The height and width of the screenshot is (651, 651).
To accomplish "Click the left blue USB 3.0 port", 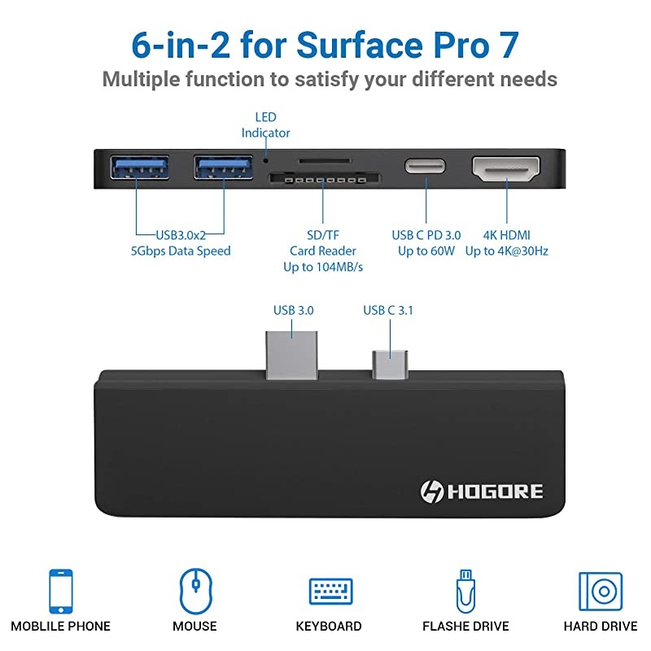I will [x=139, y=168].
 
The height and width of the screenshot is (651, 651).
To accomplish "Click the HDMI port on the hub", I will [x=506, y=168].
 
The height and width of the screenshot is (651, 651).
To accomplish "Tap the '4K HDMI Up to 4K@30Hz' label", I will [x=506, y=242].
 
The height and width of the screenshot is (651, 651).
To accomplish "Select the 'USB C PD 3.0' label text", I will [x=426, y=234].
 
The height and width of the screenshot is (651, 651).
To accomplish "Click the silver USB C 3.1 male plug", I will [x=390, y=363].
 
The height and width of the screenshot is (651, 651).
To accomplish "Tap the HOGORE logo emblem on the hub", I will [x=431, y=492].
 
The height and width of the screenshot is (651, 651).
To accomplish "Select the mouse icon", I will [x=194, y=590].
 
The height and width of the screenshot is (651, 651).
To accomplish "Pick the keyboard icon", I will [x=329, y=591].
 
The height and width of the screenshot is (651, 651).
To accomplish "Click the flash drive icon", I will [x=465, y=590].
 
